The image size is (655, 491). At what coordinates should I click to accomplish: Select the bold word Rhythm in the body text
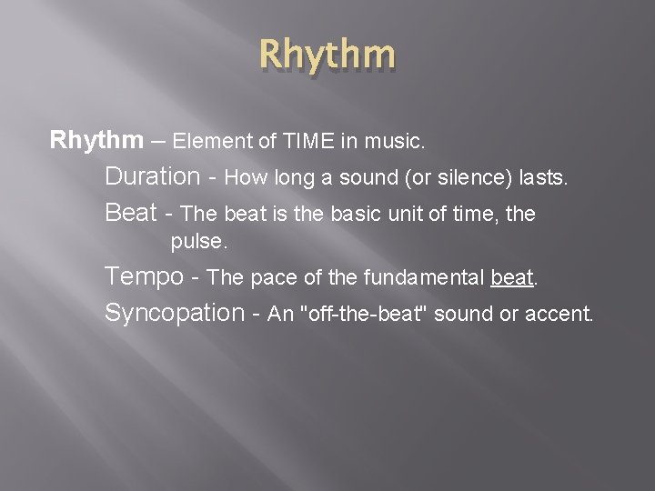point(96,141)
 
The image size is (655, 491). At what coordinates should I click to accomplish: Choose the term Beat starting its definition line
point(131,213)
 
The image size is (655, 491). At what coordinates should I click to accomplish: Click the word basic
point(382,215)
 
